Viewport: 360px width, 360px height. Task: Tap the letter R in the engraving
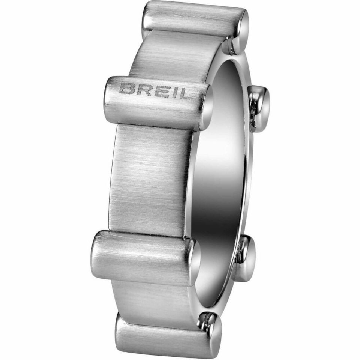point(142,90)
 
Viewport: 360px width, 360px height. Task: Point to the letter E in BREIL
point(159,91)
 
